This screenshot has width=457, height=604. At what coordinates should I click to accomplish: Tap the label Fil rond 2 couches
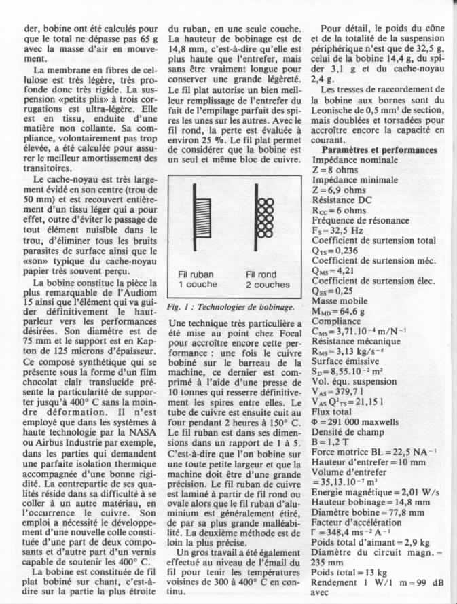[267, 280]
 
